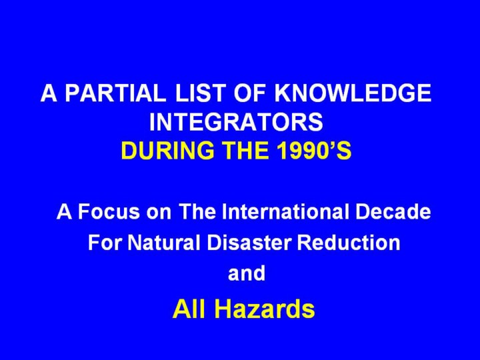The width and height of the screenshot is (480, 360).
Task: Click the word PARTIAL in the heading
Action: (115, 93)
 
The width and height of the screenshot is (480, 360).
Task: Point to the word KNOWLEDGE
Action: (353, 93)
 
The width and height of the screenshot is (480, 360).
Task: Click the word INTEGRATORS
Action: (236, 121)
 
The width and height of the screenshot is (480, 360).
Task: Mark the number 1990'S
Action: (315, 150)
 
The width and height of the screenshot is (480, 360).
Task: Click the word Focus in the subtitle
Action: (109, 211)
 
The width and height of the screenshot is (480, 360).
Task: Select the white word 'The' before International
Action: (197, 211)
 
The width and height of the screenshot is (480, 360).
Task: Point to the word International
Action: (285, 211)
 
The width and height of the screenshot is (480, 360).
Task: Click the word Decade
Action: (393, 211)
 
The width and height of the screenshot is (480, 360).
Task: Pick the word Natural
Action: (164, 242)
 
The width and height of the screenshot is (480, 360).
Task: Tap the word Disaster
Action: (249, 242)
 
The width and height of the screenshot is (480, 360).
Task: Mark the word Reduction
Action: (349, 242)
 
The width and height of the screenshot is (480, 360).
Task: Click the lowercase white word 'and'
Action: (247, 273)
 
